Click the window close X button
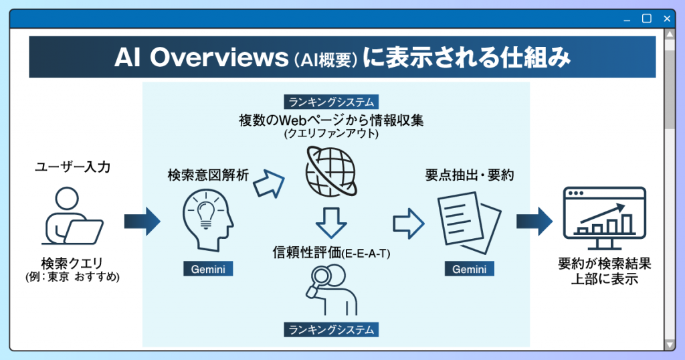[667, 19]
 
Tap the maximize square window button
[647, 18]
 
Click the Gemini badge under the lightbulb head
[208, 269]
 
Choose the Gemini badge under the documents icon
[469, 269]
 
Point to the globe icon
[331, 171]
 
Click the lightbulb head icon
[207, 221]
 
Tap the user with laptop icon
[72, 216]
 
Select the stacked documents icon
[469, 223]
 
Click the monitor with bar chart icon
[604, 217]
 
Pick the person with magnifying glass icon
[332, 290]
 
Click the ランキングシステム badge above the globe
[331, 102]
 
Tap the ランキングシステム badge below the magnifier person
[331, 329]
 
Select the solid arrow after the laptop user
[142, 221]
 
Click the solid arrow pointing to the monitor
[534, 221]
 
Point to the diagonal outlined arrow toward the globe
[269, 183]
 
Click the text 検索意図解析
[208, 175]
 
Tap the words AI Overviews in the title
[201, 58]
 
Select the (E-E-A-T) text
[366, 254]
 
